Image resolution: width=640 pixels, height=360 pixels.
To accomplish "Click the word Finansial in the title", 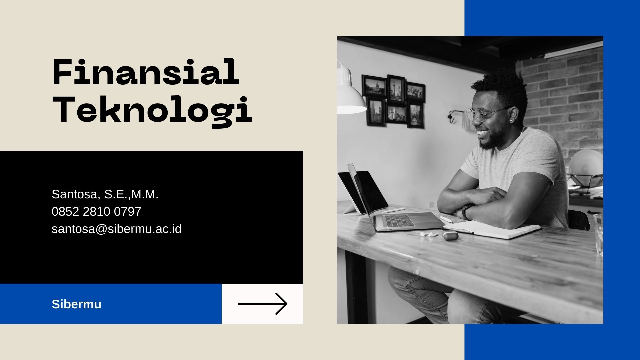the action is tap(146, 72).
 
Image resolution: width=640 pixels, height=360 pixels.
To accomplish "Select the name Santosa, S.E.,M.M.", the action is tap(105, 194).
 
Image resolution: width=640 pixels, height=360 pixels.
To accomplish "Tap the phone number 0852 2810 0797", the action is tap(96, 211).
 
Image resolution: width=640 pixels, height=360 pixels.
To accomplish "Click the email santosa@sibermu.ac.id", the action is tap(117, 229).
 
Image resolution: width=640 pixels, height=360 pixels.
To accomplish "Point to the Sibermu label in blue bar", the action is tap(76, 304).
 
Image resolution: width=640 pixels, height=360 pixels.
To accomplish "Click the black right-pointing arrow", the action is tap(262, 304).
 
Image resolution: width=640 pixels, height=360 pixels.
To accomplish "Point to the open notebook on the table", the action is tap(492, 230).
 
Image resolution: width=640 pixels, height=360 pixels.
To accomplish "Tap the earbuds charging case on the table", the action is tap(450, 235).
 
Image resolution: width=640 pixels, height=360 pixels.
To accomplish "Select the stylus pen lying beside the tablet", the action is tap(394, 210).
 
